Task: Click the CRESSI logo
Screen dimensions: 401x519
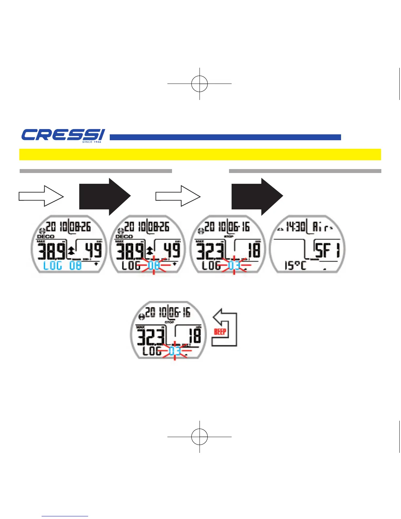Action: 63,135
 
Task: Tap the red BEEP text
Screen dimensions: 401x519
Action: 220,332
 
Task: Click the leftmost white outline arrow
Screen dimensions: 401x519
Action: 41,196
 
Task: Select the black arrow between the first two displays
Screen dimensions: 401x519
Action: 105,196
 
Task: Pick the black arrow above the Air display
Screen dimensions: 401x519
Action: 257,196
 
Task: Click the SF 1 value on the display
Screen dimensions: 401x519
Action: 327,250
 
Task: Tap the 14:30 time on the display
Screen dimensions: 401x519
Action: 296,226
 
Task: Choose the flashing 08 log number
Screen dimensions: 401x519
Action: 154,265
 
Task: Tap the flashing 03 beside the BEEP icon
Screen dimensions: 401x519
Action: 175,351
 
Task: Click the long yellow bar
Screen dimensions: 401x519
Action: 200,154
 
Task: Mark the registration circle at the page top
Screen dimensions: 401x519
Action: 200,84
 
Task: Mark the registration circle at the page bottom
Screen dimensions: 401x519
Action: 200,436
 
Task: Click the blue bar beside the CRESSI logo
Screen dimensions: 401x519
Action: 225,137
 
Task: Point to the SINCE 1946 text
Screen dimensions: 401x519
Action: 92,142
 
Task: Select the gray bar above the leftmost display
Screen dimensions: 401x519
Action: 96,171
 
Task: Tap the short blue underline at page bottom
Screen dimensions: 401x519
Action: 65,516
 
